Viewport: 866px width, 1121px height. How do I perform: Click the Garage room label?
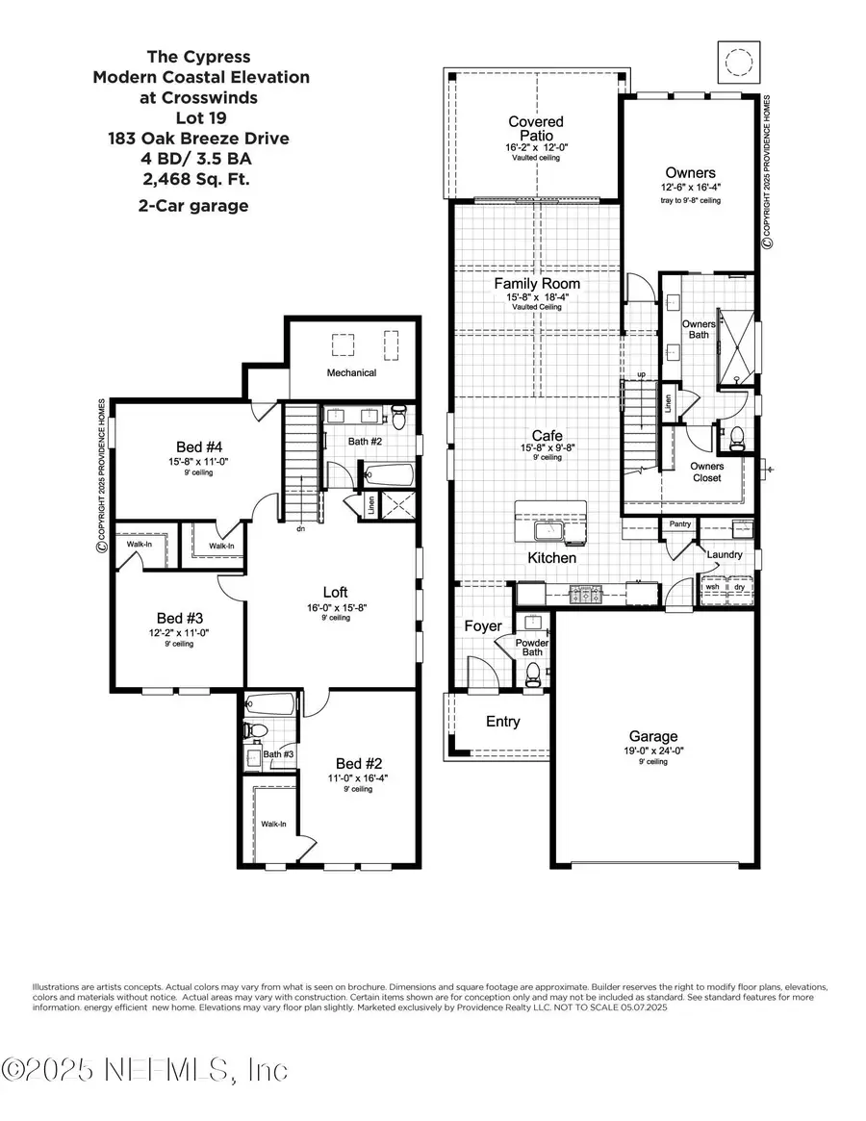pos(654,736)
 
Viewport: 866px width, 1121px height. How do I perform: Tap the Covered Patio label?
pos(536,129)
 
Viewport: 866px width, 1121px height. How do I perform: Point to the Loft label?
pos(335,592)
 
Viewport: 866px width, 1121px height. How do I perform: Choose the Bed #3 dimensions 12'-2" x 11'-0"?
pos(180,633)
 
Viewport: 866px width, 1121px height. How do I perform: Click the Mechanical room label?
pos(351,372)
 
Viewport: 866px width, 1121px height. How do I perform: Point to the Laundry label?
pos(723,554)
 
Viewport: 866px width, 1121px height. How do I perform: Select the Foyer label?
pos(483,626)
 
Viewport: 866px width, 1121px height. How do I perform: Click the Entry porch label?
pos(502,722)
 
